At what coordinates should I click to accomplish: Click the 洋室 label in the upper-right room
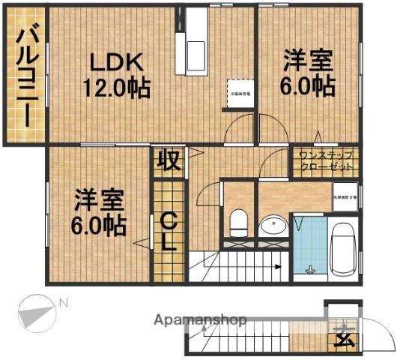point(307,60)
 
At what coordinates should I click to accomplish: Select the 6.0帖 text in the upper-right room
point(309,86)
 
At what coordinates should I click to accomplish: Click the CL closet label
point(169,232)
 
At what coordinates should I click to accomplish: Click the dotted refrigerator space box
point(240,93)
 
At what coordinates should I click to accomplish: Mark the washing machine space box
point(345,197)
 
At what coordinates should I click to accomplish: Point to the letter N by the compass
point(64,303)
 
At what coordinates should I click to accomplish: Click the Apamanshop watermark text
point(200,320)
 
